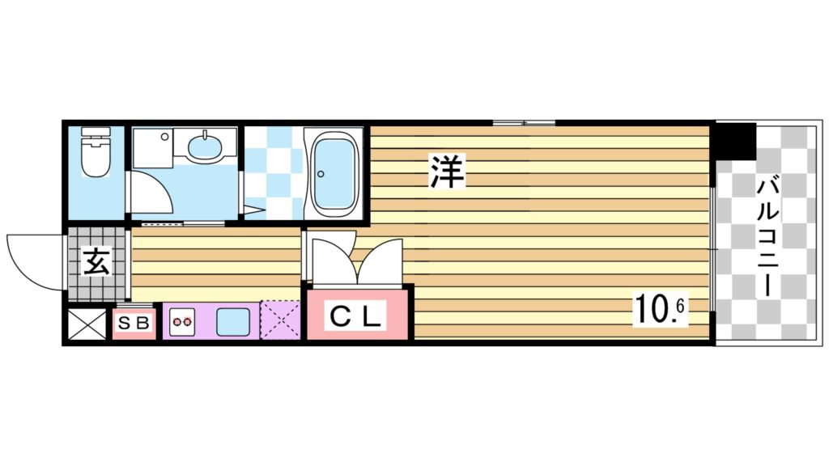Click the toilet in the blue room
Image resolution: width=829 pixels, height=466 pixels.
[x=96, y=154]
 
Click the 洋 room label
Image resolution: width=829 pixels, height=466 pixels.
[x=446, y=172]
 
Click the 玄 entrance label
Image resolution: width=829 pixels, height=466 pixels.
[x=96, y=262]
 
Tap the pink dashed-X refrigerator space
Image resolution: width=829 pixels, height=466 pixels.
[x=280, y=321]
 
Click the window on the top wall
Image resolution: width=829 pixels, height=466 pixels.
[x=524, y=122]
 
